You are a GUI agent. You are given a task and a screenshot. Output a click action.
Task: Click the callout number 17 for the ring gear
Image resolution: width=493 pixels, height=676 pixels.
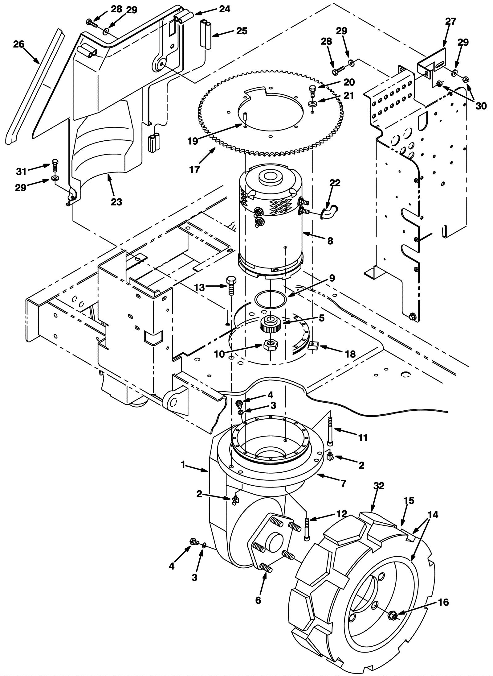[195, 169]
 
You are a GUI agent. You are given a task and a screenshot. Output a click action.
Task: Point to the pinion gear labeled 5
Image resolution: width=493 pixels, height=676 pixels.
[270, 324]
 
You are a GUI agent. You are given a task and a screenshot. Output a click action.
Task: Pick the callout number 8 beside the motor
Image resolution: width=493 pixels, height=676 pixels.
[330, 241]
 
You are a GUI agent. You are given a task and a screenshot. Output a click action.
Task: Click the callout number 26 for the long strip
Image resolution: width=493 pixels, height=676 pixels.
[18, 44]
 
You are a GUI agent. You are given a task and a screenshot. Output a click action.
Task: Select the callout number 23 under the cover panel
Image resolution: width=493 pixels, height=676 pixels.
[117, 202]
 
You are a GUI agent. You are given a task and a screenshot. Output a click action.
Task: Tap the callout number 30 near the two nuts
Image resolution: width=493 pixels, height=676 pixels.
[481, 106]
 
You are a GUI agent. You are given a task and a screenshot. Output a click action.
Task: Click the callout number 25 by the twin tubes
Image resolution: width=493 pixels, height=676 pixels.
[242, 31]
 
